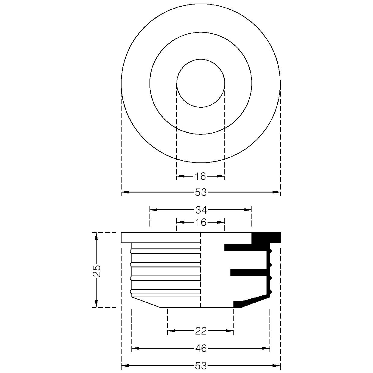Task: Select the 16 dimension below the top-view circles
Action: (x=200, y=176)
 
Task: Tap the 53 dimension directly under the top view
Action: (x=201, y=193)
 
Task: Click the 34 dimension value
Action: (x=201, y=210)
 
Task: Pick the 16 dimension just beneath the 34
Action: (x=201, y=223)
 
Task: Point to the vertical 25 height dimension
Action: (x=97, y=271)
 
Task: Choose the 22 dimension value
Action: (x=201, y=331)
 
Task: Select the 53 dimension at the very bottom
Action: (x=201, y=366)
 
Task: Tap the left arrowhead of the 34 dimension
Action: (x=153, y=210)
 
